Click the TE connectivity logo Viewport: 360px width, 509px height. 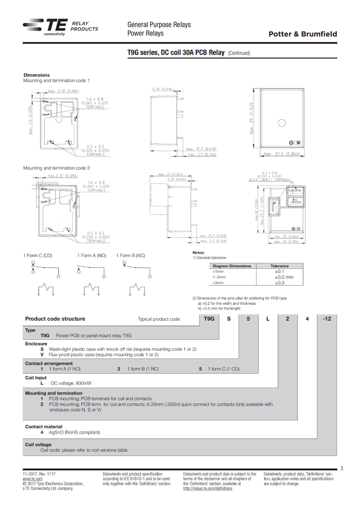[45, 27]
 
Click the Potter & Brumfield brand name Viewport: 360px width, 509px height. [303, 34]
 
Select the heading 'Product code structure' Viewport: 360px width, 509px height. [55, 319]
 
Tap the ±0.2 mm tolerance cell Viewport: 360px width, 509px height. [283, 277]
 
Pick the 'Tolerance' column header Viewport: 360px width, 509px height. [279, 266]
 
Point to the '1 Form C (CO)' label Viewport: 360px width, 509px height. [38, 256]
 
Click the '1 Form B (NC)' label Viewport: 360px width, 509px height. [130, 256]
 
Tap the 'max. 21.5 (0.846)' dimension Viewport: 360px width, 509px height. [281, 154]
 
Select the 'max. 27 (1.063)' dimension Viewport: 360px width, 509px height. [170, 174]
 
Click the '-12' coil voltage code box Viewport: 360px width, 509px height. [326, 319]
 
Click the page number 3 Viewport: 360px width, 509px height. [341, 468]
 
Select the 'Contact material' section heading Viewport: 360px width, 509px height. [43, 426]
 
